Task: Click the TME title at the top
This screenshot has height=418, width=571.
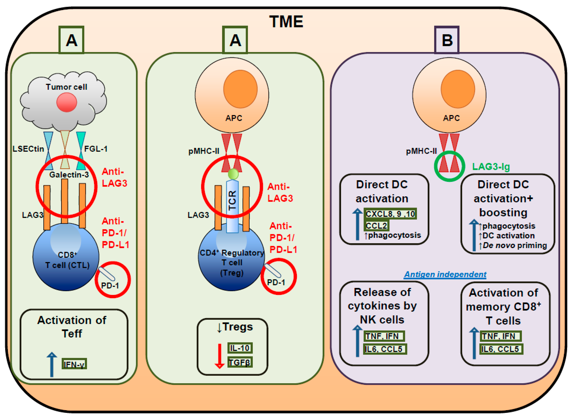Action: tap(286, 22)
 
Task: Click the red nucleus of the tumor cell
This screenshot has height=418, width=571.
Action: tap(66, 102)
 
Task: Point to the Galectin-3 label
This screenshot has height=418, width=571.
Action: tap(69, 175)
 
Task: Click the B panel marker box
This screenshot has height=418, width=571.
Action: tap(447, 40)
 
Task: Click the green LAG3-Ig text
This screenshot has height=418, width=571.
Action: tap(491, 166)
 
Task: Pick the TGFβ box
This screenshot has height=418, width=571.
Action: tap(240, 363)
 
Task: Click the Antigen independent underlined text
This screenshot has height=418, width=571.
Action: tap(445, 274)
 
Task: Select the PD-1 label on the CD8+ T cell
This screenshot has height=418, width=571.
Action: tap(110, 286)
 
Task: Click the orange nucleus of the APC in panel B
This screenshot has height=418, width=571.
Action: tap(458, 89)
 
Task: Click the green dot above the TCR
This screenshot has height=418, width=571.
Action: tap(233, 174)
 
